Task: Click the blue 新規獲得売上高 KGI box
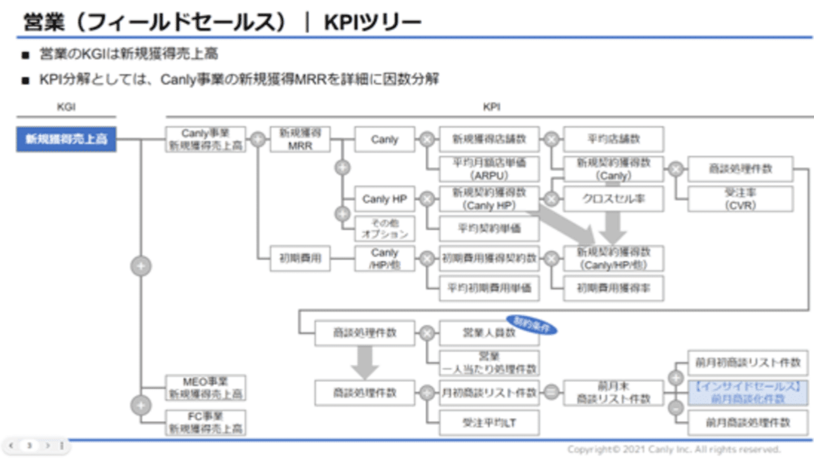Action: [x=66, y=139]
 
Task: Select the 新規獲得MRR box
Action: [x=300, y=139]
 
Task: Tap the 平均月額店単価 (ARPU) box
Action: [x=489, y=169]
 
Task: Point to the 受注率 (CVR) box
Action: [x=740, y=199]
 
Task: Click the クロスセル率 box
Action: [x=613, y=199]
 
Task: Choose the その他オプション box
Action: [x=384, y=228]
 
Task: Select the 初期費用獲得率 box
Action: [x=613, y=288]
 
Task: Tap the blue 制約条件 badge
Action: [x=531, y=325]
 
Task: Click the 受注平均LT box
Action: [x=489, y=422]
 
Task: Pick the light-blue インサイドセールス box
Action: [x=747, y=393]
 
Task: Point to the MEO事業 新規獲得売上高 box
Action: [x=206, y=387]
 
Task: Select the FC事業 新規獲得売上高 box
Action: [x=206, y=423]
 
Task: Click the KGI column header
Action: [x=66, y=106]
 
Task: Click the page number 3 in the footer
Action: [x=29, y=446]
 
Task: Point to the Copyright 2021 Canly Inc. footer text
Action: [x=673, y=450]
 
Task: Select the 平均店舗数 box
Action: [x=613, y=139]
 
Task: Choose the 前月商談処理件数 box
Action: [x=747, y=422]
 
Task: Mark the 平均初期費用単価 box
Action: [x=489, y=288]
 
